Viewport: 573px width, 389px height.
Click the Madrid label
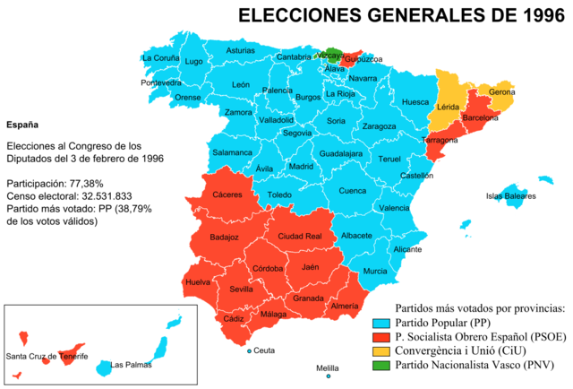(301, 166)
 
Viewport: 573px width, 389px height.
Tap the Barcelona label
(478, 117)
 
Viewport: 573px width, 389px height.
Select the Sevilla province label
(241, 290)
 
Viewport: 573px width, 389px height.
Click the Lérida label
(447, 107)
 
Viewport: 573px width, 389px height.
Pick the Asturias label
(240, 50)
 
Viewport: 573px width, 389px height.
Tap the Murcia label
(375, 271)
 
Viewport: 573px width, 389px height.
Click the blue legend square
(381, 324)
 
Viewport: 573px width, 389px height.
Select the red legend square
(381, 337)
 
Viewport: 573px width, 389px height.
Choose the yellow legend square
(381, 351)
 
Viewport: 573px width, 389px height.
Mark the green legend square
(381, 365)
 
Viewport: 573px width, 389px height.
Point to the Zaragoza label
(379, 126)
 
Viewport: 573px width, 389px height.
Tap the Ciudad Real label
(299, 237)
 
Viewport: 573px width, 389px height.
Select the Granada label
(308, 298)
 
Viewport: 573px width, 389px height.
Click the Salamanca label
(232, 152)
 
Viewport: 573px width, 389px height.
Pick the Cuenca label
(352, 190)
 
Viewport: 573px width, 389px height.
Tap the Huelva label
(197, 282)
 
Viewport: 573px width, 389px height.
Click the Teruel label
(389, 159)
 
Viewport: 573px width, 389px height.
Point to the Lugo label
(194, 61)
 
